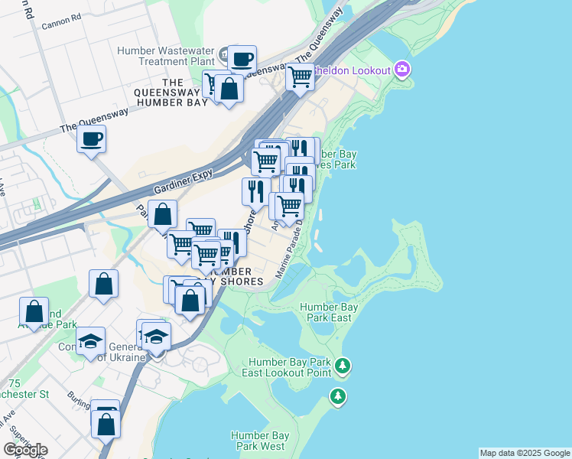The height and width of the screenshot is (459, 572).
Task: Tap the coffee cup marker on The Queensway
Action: click(91, 139)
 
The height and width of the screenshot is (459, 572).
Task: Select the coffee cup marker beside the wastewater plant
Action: click(242, 59)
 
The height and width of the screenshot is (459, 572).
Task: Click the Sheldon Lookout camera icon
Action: click(402, 70)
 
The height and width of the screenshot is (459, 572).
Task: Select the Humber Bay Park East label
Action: click(330, 311)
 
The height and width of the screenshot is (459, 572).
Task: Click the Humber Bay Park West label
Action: click(258, 441)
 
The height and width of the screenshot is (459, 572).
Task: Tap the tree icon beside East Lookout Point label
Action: click(343, 366)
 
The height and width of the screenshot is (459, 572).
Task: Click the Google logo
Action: click(25, 450)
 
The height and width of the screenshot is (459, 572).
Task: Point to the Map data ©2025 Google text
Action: click(524, 453)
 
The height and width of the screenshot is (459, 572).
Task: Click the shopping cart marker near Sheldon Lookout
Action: click(301, 76)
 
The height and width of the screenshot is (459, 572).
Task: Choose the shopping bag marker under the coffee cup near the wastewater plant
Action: click(229, 89)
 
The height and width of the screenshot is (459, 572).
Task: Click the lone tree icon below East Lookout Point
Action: click(337, 396)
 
